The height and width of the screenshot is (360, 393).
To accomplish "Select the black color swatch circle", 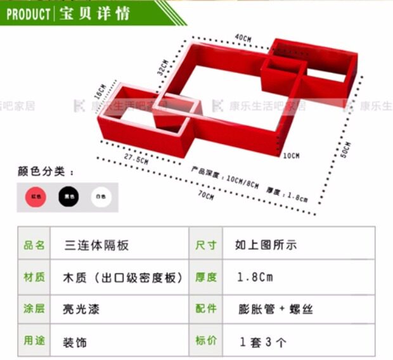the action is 69,197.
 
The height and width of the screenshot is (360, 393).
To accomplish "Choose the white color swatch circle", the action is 101,197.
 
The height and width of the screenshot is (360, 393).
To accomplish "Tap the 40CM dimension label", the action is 243,38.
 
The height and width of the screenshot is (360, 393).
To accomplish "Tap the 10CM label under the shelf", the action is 291,155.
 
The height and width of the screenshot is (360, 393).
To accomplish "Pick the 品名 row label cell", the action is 34,245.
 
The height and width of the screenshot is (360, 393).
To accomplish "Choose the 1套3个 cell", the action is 263,342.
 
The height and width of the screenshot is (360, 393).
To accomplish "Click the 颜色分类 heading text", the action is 45,171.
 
